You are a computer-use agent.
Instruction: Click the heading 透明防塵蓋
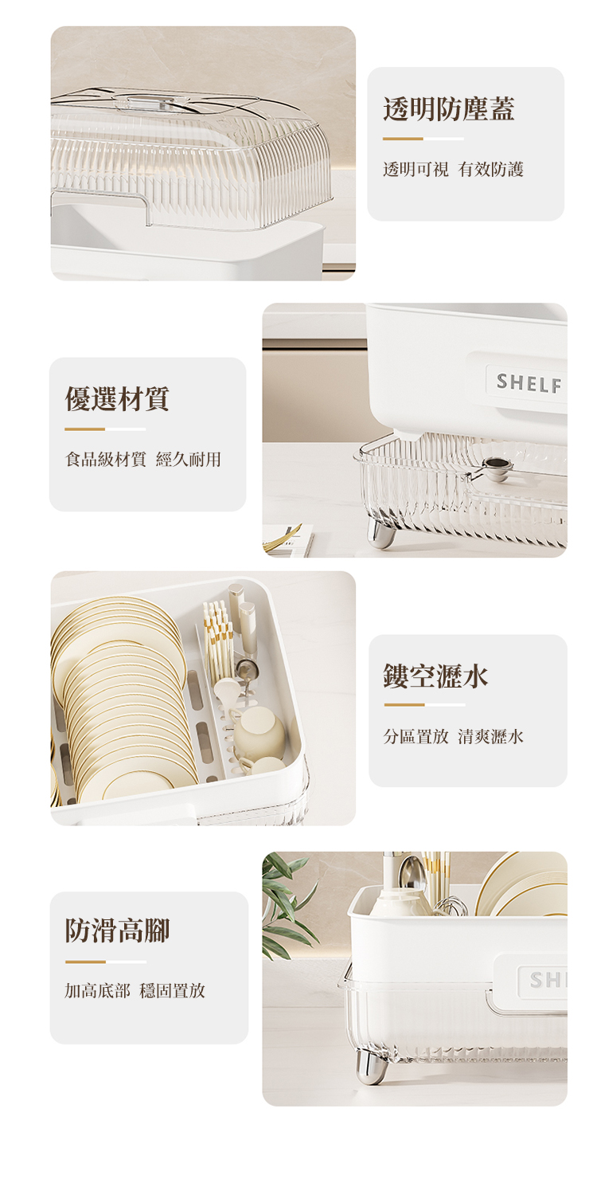coord(448,109)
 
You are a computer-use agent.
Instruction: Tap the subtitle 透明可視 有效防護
coord(453,169)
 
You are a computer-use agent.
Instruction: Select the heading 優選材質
coord(117,398)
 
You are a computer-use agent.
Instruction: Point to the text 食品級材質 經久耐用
coord(143,459)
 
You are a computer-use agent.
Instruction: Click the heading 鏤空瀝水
coord(435,676)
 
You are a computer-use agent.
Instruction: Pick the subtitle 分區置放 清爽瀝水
coord(453,736)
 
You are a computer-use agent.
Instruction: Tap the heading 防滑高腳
coord(118,930)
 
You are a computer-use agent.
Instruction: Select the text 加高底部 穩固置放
coord(135,990)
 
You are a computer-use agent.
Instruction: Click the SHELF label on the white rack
coord(529,384)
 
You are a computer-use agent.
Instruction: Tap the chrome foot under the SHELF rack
coord(380,534)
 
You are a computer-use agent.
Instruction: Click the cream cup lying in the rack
coord(258,732)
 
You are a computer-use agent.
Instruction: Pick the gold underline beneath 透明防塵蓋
coord(403,139)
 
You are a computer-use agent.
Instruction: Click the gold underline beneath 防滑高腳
coord(85,962)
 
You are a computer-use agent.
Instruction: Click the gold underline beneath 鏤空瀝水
coord(404,704)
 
